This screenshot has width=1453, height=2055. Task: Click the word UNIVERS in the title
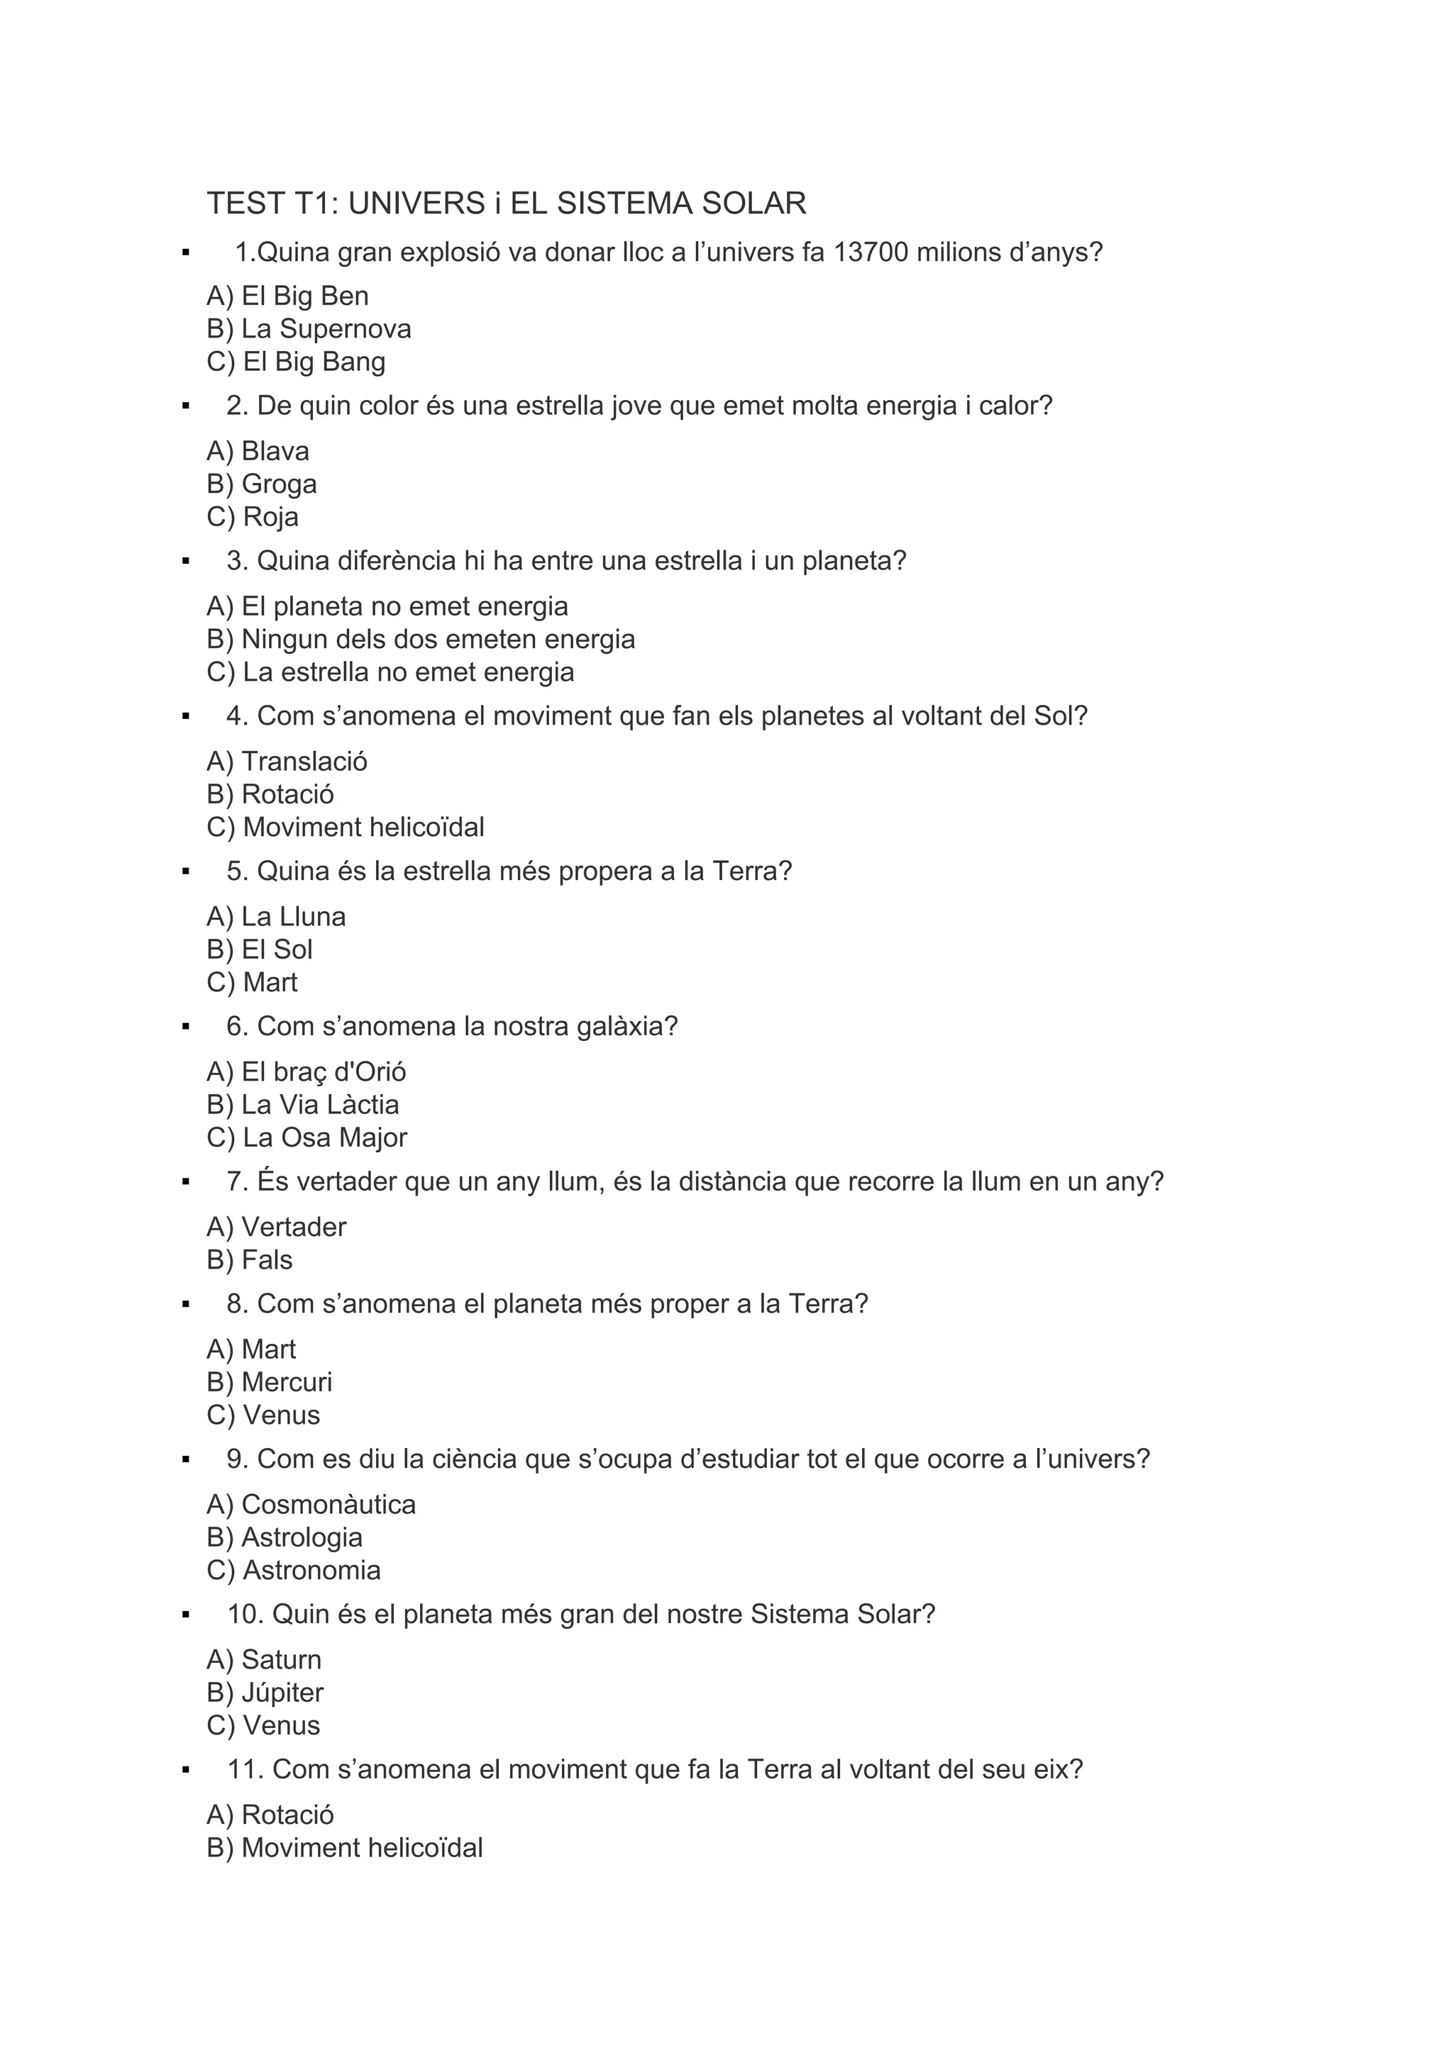416,204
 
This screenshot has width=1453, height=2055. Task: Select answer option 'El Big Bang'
297,362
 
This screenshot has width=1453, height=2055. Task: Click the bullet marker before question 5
185,871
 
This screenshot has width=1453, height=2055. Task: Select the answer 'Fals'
250,1259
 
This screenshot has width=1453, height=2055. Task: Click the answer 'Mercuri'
270,1382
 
